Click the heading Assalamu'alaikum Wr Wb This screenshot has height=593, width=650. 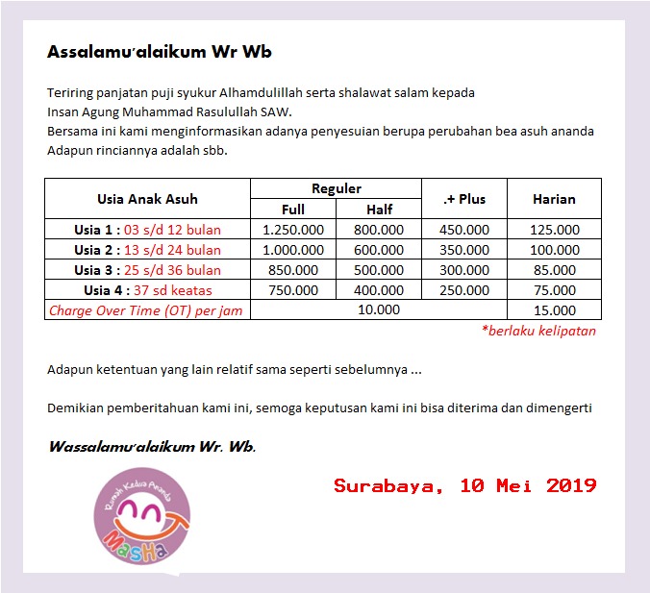coord(165,52)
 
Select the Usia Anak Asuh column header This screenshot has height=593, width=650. coord(147,199)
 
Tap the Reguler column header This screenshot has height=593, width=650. coord(337,188)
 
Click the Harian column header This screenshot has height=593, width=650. coord(554,199)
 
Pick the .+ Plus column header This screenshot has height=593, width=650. coord(464,199)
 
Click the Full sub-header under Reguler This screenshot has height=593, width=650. coord(293,210)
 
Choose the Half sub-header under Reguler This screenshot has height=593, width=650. coord(379,210)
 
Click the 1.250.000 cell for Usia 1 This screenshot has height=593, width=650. coord(293,230)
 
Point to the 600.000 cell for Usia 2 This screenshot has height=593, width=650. coord(379,250)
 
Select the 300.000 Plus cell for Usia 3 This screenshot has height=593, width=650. coord(464,270)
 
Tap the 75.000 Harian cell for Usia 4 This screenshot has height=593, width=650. coord(554,290)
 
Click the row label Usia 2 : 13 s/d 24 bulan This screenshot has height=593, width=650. coord(147,250)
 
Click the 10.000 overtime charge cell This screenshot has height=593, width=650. coord(379,310)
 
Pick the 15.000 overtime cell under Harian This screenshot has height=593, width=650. coord(554,310)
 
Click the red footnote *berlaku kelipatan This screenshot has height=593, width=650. coord(538,331)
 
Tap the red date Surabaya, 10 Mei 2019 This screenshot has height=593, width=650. coord(464,485)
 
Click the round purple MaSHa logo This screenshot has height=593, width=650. coord(141,523)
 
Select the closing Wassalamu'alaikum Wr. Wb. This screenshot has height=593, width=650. coord(152,447)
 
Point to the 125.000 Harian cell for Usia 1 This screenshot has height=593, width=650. coord(554,230)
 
